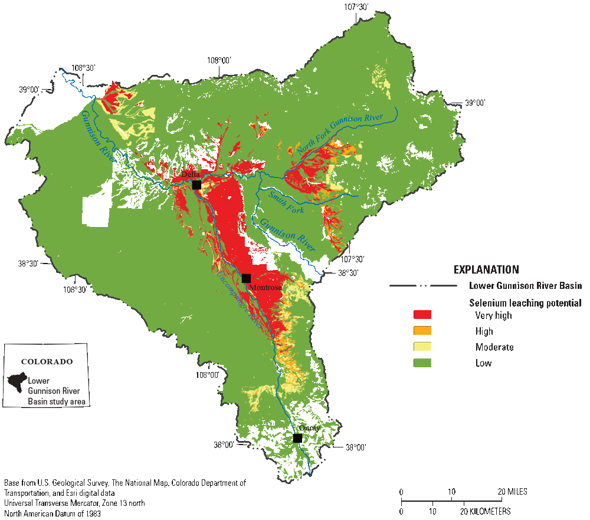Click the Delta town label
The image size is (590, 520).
[x=190, y=175]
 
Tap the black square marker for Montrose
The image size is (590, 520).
[x=246, y=278]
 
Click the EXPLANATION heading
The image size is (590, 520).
[x=486, y=269]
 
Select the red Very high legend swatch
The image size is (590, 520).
[x=422, y=315]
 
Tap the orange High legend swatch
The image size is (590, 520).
[x=422, y=331]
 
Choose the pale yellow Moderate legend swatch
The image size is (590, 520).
[x=422, y=347]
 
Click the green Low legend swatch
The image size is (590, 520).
[x=422, y=363]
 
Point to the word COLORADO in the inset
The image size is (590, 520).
[x=47, y=361]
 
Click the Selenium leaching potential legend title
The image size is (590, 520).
[x=525, y=302]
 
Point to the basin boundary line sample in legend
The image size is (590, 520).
[x=423, y=286]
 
